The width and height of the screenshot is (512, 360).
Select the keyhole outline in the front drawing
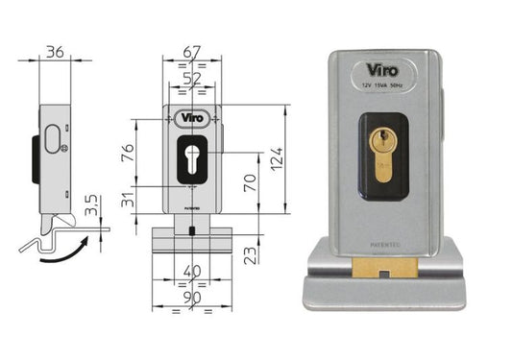(192, 159)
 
